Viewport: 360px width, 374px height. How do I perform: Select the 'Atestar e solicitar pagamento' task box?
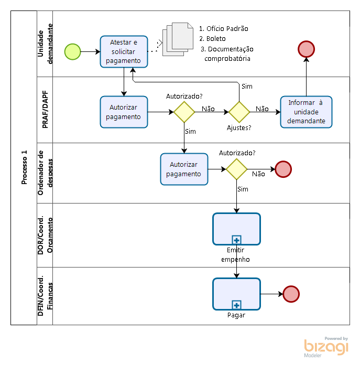point(124,51)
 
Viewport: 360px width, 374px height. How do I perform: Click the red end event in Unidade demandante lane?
point(306,49)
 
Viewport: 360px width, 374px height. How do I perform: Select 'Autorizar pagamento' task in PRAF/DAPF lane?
point(124,112)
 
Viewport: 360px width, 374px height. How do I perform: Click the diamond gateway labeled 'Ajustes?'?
point(239,112)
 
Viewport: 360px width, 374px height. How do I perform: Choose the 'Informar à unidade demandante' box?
point(306,112)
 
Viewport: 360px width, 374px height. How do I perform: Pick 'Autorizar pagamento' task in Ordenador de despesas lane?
point(184,169)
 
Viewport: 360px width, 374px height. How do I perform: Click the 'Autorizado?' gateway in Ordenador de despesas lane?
point(236,169)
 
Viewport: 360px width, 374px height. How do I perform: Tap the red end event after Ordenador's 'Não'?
point(283,169)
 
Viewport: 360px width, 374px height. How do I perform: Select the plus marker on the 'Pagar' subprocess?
point(236,305)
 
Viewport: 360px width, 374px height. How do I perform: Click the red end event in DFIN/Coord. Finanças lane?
point(291,294)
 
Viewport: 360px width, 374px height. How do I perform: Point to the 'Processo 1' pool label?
point(24,167)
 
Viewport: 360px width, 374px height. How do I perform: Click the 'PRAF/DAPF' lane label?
point(46,110)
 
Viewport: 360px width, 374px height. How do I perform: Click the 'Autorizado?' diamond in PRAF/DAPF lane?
point(184,112)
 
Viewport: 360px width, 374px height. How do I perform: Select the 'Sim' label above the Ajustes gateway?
point(247,86)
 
